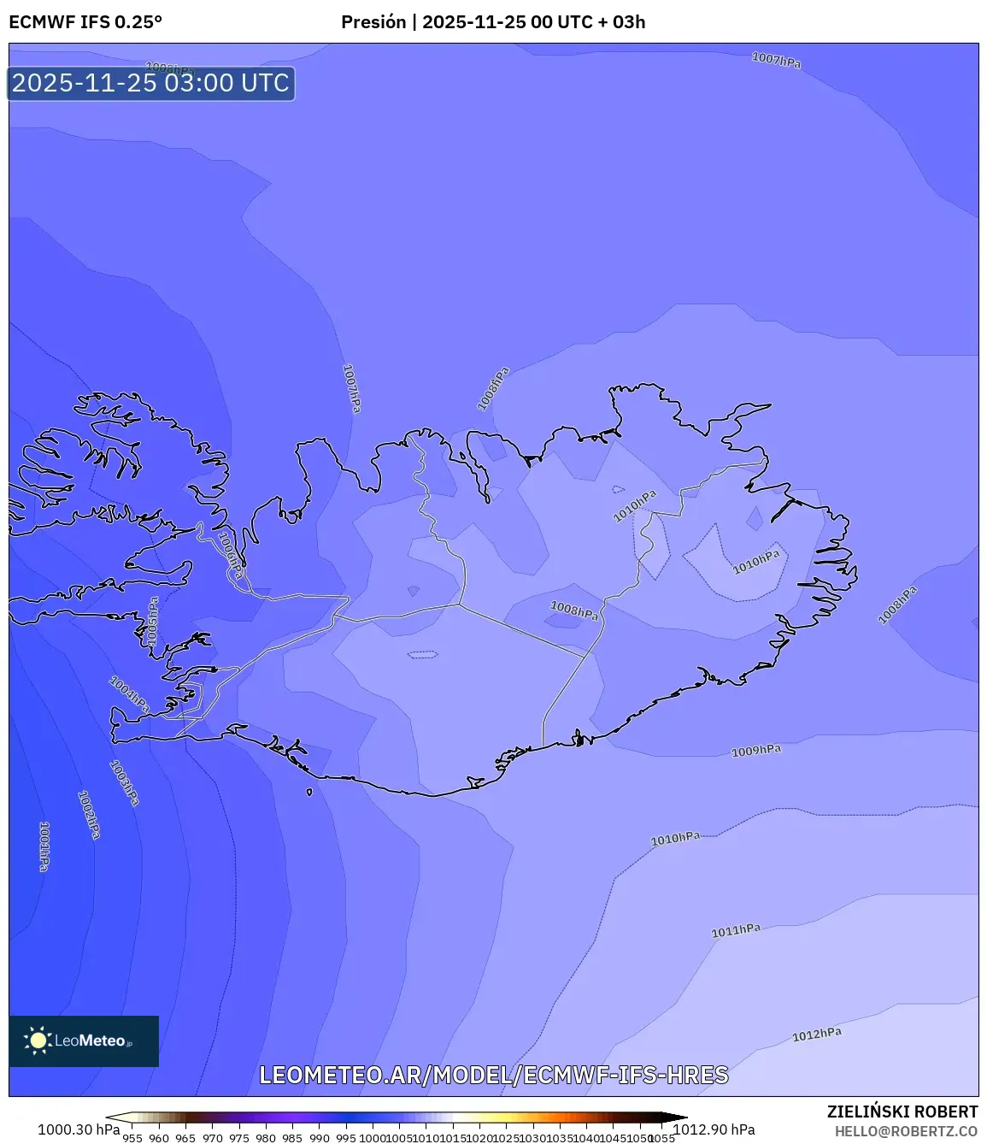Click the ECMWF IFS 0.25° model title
click(x=85, y=22)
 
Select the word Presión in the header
click(x=373, y=22)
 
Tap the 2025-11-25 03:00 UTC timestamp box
click(x=151, y=83)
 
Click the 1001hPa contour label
click(x=44, y=846)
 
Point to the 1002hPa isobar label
click(x=89, y=814)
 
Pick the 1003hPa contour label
click(x=125, y=783)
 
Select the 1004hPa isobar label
click(x=129, y=694)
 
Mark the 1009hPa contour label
click(x=756, y=751)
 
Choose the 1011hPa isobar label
click(x=736, y=930)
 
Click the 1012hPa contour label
click(x=816, y=1035)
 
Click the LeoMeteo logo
click(x=84, y=1041)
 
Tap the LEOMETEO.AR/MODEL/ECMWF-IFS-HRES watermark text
click(x=494, y=1075)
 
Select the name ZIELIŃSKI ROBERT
click(x=902, y=1112)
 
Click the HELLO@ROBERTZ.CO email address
click(x=906, y=1131)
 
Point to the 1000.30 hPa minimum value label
click(x=79, y=1129)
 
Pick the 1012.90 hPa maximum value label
click(x=714, y=1129)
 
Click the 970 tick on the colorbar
click(x=213, y=1138)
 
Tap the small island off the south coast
click(x=309, y=792)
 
